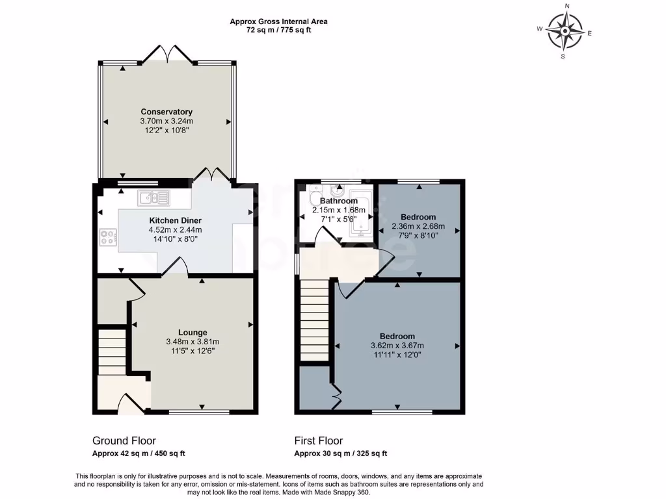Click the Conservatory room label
166,112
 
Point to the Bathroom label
334,201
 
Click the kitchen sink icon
153,197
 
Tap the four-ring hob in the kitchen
107,238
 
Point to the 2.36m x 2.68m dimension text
418,226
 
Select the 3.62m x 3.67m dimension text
397,346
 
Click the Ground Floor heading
124,441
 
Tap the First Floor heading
319,441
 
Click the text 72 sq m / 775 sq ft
278,30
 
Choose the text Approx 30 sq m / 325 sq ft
344,454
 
